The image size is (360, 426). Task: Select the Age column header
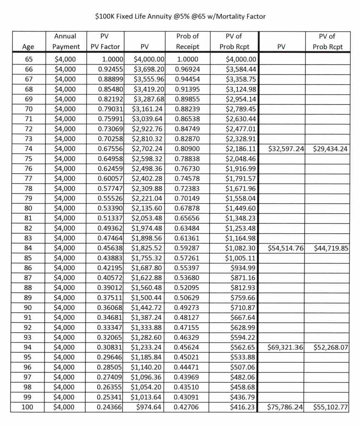(x=28, y=47)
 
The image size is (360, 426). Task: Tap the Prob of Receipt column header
(x=187, y=42)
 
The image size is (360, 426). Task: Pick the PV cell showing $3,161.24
(x=148, y=109)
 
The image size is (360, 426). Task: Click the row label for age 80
(x=28, y=209)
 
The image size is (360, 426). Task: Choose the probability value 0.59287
(x=187, y=249)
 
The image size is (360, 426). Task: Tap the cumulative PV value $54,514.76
(x=285, y=249)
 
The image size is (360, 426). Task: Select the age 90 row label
(x=28, y=308)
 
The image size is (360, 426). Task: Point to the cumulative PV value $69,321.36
(x=285, y=348)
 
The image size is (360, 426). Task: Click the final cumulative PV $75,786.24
(x=285, y=407)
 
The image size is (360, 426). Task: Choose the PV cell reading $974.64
(x=148, y=407)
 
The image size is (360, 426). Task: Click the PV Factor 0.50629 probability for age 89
(x=187, y=298)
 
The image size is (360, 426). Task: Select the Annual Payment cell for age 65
(x=65, y=59)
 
